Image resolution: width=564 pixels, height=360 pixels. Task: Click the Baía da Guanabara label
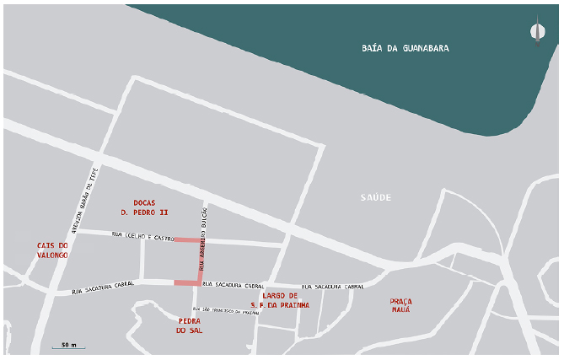[x=412, y=49]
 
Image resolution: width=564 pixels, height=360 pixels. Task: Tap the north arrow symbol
[x=536, y=32]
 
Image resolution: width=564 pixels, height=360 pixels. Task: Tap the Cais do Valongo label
[x=52, y=250]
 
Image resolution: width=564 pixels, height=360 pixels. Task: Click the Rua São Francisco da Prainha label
[x=226, y=310]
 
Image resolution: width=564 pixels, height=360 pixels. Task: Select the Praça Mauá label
[x=400, y=305]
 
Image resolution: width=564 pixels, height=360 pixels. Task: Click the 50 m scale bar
[x=64, y=346]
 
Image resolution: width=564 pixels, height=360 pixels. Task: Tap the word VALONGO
[x=52, y=255]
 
